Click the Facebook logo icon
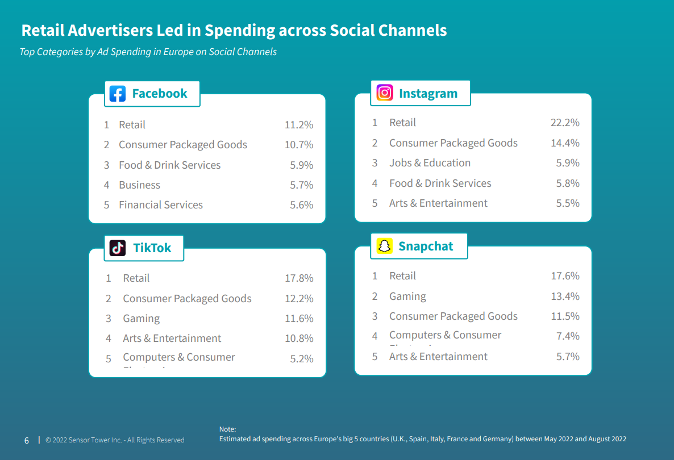point(118,94)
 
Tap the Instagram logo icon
point(385,93)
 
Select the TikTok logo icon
point(118,248)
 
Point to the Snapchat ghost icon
point(385,246)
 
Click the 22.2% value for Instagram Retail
point(565,123)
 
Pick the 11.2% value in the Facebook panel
point(299,125)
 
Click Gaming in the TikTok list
point(142,319)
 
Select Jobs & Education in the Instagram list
point(430,163)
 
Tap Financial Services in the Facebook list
point(161,205)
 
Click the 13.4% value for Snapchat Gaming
point(565,296)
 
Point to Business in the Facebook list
point(139,185)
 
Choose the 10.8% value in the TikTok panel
point(299,338)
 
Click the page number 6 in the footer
point(27,440)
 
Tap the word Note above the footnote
point(227,429)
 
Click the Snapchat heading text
point(426,246)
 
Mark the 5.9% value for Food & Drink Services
point(302,165)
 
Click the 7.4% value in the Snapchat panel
point(568,336)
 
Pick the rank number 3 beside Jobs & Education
point(375,163)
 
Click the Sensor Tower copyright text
point(115,440)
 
